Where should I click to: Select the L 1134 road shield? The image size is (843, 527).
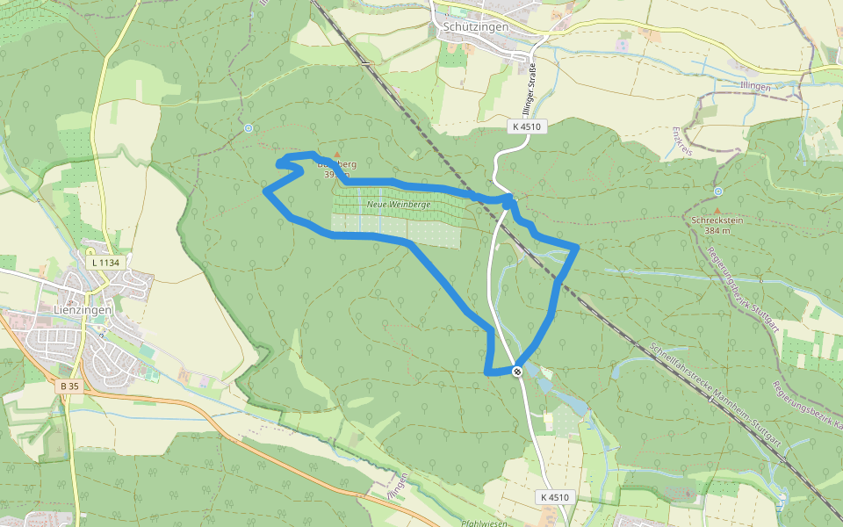(104, 262)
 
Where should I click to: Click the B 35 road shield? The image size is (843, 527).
(70, 386)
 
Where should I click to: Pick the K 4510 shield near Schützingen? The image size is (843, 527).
(527, 126)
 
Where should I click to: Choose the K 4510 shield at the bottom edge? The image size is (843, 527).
(555, 497)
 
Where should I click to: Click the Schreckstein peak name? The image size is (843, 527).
(717, 220)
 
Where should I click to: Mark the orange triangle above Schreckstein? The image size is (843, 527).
(717, 210)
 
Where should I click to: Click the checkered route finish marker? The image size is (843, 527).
(518, 371)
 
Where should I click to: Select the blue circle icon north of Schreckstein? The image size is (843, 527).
(718, 191)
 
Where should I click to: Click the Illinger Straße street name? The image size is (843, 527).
(530, 90)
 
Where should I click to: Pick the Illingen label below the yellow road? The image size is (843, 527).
(755, 87)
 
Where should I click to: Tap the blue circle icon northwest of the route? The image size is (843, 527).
(249, 128)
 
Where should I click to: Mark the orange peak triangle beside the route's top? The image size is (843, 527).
(335, 155)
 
